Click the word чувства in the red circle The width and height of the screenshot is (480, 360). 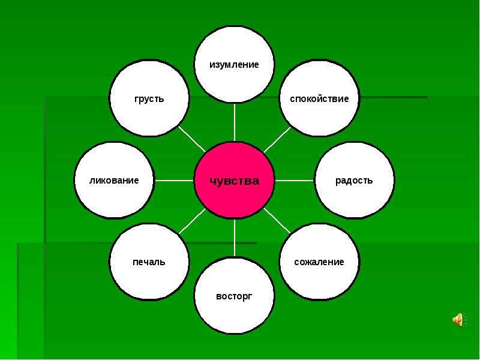234,181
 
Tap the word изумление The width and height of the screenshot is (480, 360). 234,65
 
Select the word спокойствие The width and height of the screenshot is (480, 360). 319,98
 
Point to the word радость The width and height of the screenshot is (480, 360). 354,181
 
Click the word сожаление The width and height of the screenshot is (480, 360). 319,262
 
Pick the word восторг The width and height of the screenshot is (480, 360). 234,296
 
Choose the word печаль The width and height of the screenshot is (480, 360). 149,262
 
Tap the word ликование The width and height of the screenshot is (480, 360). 114,181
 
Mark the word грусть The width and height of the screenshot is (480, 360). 149,99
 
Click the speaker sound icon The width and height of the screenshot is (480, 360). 460,320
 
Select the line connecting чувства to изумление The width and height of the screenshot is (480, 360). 235,122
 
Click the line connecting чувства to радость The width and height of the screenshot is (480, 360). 295,181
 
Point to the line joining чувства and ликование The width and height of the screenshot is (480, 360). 175,181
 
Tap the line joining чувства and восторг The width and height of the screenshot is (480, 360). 235,238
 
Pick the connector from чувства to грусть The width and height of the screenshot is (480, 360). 192,139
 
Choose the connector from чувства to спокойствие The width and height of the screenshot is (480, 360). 277,139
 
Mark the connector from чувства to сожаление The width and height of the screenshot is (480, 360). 277,221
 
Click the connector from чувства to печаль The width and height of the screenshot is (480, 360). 192,221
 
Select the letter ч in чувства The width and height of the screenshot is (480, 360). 214,181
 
